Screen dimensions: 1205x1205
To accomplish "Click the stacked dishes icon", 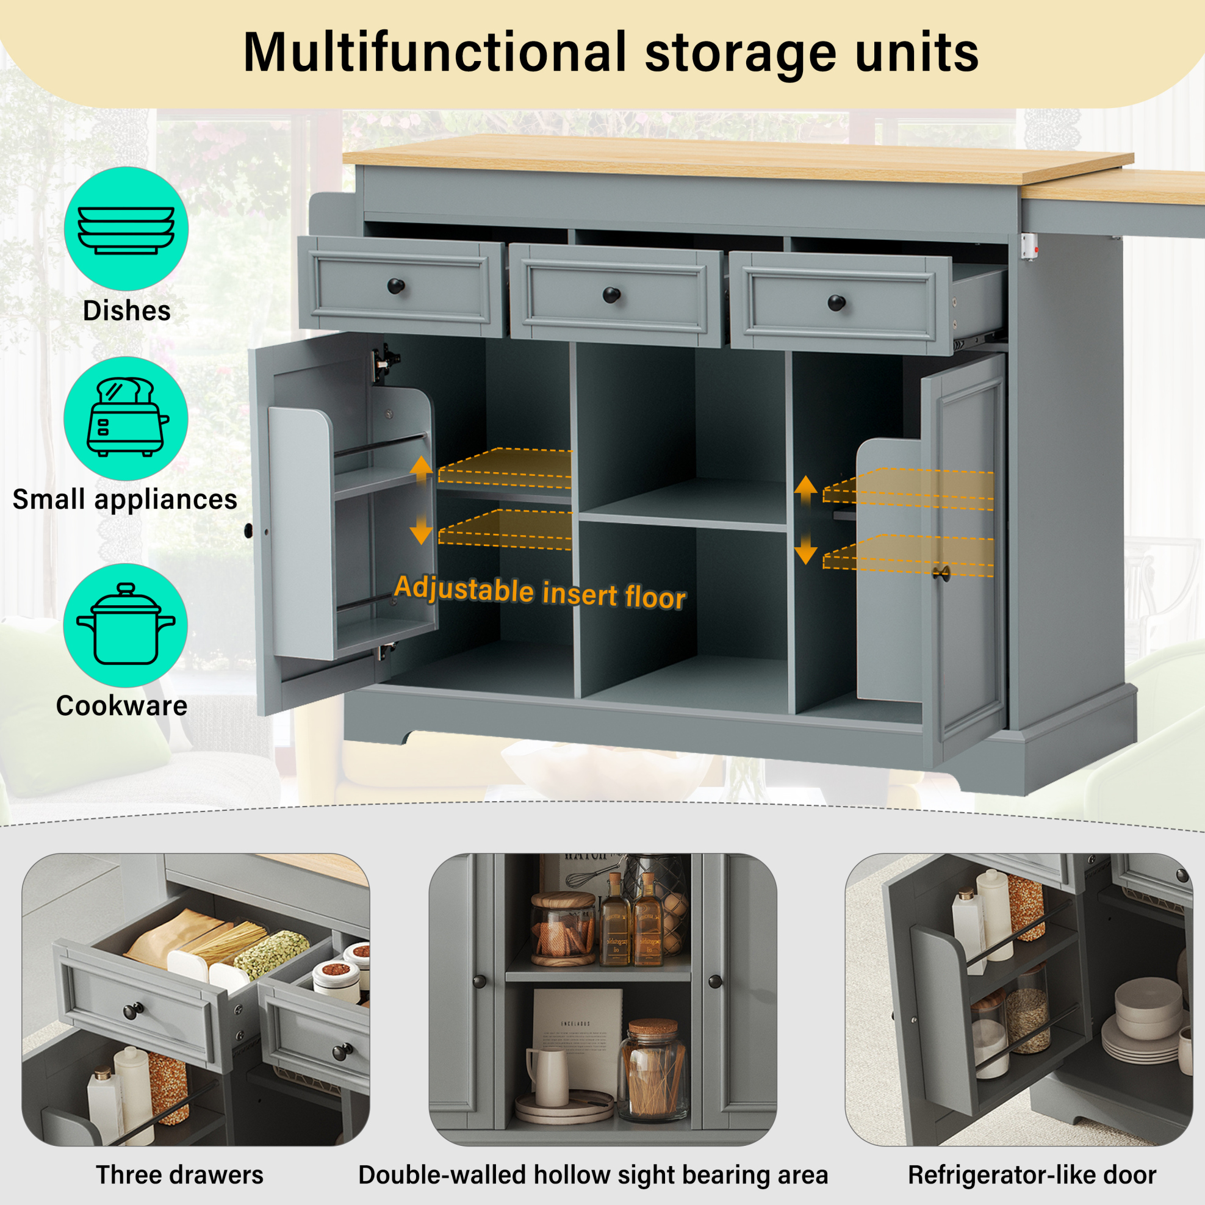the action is coord(126,230).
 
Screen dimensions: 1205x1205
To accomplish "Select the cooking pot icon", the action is coord(126,624).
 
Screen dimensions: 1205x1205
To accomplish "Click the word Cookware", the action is coord(121,706).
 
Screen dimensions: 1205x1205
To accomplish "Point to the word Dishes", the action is coord(127,311).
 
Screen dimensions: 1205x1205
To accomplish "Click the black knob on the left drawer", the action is coord(396,286).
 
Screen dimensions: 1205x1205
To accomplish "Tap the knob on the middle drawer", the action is coord(611,295).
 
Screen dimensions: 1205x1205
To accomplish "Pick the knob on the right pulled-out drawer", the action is coord(836,303).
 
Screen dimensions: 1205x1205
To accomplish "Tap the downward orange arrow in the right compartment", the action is coord(806,549).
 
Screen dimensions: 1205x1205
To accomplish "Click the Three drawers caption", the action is coord(179,1174).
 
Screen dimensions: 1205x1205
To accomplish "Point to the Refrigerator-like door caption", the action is coord(1032,1174).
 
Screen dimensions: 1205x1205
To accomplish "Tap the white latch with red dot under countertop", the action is coord(1029,247).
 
